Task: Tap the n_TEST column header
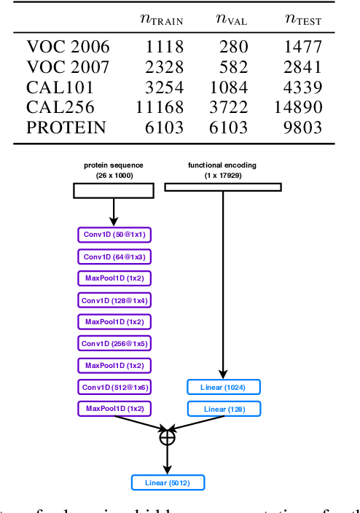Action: coord(302,19)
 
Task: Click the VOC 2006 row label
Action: coord(68,47)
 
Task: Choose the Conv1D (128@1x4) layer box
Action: coord(114,299)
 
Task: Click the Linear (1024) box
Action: coord(223,387)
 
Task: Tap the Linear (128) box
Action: coord(223,409)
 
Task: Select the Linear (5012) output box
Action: coord(168,482)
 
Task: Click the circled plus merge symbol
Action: coord(168,437)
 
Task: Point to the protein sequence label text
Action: coord(114,170)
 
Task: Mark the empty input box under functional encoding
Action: coord(222,187)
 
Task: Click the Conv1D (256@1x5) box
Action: coord(114,343)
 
